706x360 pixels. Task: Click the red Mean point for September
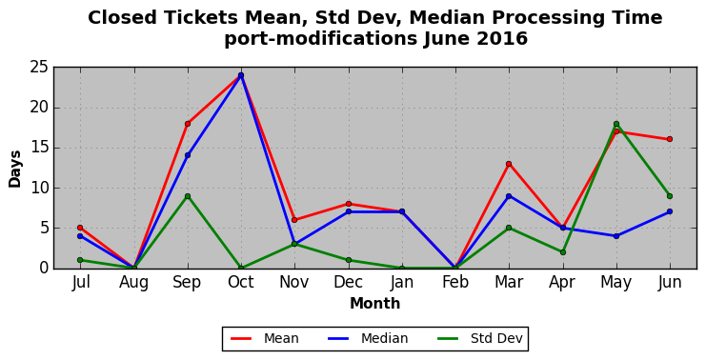coord(188,124)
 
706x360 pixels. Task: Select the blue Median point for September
coord(188,155)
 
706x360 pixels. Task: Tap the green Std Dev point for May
coord(615,124)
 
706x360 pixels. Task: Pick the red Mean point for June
coord(670,139)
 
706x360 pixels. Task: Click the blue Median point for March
coord(509,196)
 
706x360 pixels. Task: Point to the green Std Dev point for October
coord(241,269)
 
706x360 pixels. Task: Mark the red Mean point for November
coord(294,220)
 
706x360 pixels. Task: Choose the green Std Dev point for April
coord(562,252)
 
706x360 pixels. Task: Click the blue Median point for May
coord(615,236)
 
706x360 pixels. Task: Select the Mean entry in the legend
coord(264,338)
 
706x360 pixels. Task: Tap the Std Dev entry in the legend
coord(479,338)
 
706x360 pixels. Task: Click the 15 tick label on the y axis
coord(39,148)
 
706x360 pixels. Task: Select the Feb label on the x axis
coord(455,282)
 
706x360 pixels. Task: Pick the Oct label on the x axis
coord(241,282)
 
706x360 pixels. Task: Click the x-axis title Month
coord(375,303)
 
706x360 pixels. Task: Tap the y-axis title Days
coord(15,169)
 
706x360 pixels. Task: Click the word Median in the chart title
coord(447,18)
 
